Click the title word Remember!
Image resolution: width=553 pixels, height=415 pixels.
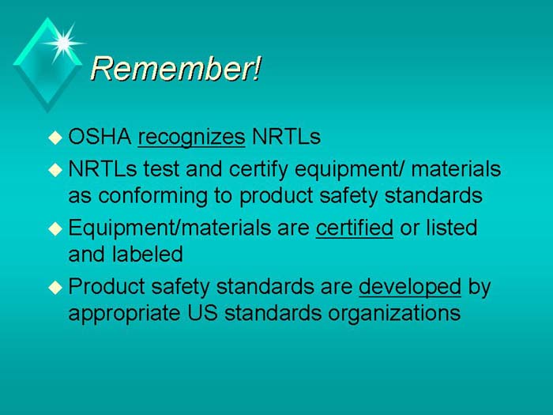pos(175,69)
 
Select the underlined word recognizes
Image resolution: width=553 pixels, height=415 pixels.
pos(191,138)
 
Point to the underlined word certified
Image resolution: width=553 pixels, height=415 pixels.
pos(354,228)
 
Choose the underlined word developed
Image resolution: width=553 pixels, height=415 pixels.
pos(409,286)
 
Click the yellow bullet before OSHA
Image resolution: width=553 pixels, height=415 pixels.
pos(54,138)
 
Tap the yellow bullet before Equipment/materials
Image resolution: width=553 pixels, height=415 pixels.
pos(54,229)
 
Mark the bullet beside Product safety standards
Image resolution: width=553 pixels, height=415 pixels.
pos(54,288)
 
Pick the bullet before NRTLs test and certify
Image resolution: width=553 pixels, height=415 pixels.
pos(54,169)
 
